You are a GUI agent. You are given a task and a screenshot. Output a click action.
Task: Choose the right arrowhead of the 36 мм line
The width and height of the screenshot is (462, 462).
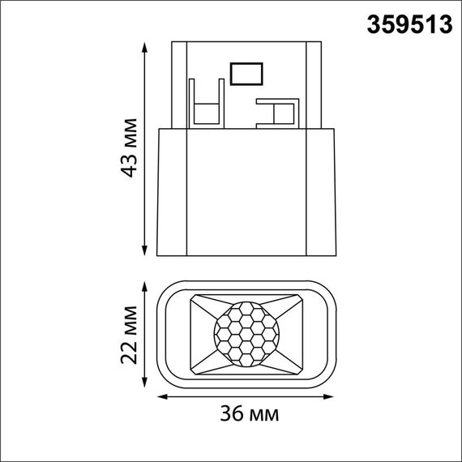(333, 397)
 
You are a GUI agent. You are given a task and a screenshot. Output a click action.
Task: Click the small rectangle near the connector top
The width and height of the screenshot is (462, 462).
(244, 74)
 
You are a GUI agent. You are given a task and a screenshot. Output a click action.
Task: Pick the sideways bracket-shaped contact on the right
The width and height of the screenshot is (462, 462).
(276, 113)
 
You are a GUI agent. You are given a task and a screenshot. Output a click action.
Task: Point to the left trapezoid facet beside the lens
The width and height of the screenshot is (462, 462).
(199, 333)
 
